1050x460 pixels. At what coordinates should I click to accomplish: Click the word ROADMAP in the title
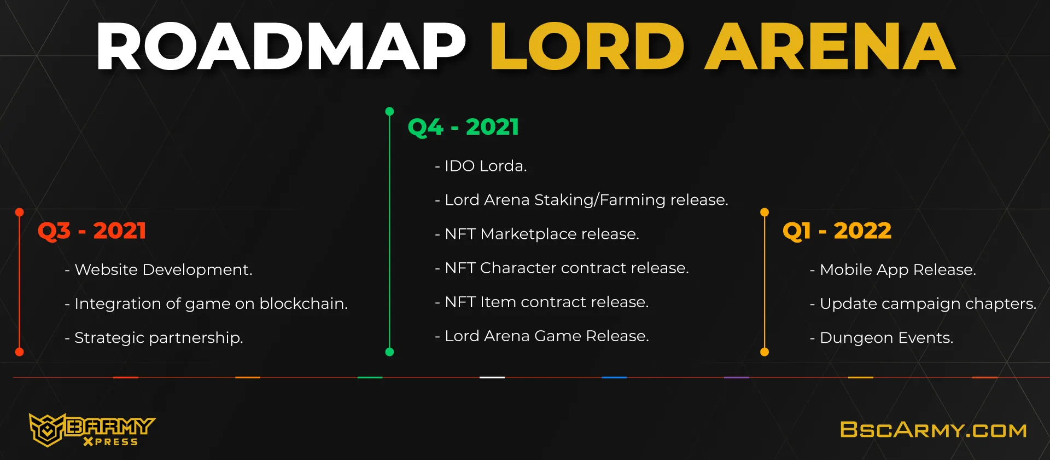[x=281, y=47]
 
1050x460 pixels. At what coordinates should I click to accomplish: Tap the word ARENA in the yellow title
[x=830, y=47]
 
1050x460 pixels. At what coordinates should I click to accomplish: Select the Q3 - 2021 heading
[x=92, y=231]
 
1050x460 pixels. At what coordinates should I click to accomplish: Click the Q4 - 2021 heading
[x=463, y=127]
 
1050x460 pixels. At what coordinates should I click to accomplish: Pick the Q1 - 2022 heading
[x=837, y=231]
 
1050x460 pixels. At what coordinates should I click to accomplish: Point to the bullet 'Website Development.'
[x=159, y=269]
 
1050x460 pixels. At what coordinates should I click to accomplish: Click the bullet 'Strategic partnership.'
[x=154, y=337]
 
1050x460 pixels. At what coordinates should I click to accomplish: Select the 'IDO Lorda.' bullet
[x=481, y=166]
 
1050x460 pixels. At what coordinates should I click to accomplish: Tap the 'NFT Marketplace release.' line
[x=537, y=234]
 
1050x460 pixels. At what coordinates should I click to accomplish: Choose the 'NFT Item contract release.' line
[x=542, y=302]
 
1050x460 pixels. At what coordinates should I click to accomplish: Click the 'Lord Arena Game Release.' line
[x=542, y=336]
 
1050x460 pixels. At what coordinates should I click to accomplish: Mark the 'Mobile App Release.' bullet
[x=893, y=269]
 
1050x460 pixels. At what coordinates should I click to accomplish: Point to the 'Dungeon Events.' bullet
[x=882, y=337]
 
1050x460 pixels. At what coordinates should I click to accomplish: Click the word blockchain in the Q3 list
[x=304, y=303]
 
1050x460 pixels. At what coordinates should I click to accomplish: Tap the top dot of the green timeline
[x=389, y=112]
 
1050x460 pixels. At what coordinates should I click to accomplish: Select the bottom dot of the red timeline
[x=20, y=352]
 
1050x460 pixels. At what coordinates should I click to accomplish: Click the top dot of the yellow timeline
[x=765, y=212]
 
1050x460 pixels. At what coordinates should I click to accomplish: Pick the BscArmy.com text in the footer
[x=934, y=430]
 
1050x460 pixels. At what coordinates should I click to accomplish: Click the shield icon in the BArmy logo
[x=47, y=430]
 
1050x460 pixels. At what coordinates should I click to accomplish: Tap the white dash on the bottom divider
[x=492, y=377]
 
